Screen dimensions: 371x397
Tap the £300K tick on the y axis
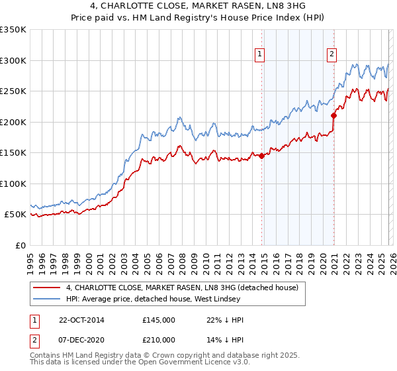point(13,60)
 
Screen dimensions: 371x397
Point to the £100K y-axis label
point(13,184)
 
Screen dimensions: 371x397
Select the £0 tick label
point(20,245)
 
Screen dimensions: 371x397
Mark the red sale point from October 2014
point(261,156)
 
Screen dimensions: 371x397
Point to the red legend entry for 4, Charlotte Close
point(182,288)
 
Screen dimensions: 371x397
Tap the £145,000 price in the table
point(158,320)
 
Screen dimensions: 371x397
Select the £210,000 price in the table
point(158,339)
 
